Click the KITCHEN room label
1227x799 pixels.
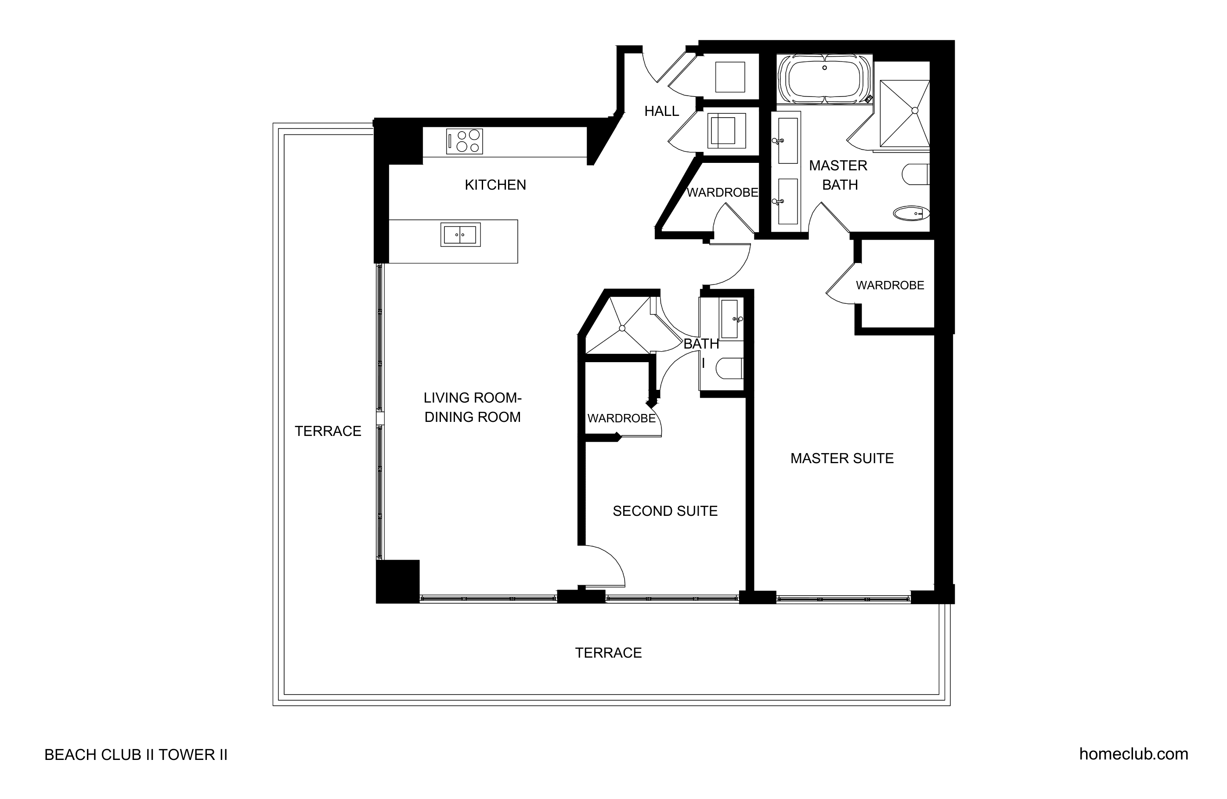tap(495, 184)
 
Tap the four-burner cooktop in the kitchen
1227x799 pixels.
tap(465, 141)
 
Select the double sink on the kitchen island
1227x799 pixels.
tap(460, 234)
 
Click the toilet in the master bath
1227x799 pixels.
tap(916, 174)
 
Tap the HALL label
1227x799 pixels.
tap(661, 111)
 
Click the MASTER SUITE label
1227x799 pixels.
tap(842, 458)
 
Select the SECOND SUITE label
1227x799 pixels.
tap(665, 511)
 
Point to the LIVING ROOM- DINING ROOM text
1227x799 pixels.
tap(473, 407)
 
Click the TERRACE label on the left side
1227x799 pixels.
tap(328, 431)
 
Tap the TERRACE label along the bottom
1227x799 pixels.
tap(608, 653)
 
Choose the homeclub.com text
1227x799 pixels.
tap(1134, 754)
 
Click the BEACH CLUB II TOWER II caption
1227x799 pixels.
tap(136, 755)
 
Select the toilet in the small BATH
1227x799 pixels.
tap(729, 368)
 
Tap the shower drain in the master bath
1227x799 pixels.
tap(915, 110)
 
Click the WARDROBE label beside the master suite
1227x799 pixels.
tap(890, 285)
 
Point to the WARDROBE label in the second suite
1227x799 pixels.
tap(621, 418)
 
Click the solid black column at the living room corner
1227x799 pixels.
tap(397, 581)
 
